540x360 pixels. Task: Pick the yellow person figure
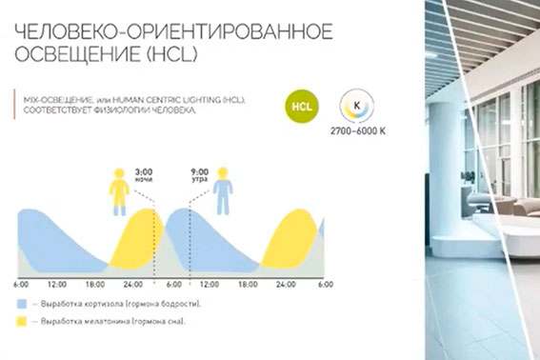[x=119, y=190]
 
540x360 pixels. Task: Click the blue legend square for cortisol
[x=21, y=303]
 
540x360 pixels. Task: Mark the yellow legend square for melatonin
[x=21, y=322]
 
